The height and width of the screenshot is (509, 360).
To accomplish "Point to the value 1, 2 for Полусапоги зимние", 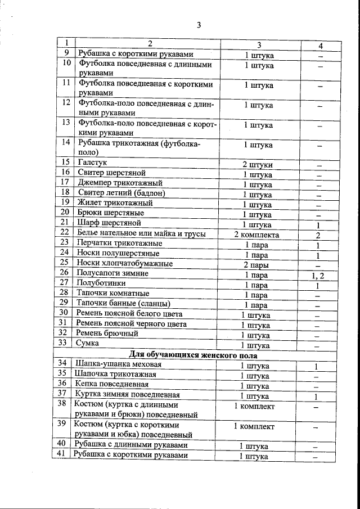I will click(318, 274).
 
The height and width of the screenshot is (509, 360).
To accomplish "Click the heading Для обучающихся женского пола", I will click(193, 355).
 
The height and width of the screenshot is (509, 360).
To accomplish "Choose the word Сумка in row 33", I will click(88, 343).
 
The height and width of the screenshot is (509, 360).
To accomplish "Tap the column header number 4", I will click(319, 46).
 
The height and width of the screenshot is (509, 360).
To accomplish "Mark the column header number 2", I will click(150, 44).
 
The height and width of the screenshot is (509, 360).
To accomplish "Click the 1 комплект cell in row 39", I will click(254, 426).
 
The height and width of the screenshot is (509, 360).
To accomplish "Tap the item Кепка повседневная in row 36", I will click(111, 385).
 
